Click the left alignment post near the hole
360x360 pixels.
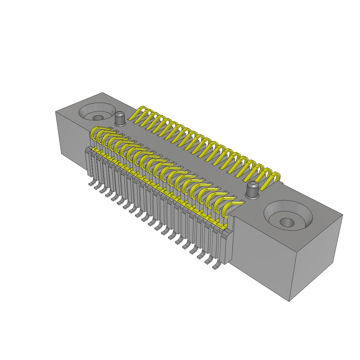[120, 119]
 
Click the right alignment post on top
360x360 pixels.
[252, 190]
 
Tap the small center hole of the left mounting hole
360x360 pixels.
[98, 117]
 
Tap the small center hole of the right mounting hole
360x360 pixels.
[287, 223]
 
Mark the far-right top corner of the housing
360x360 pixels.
[342, 215]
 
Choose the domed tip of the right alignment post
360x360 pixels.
[252, 184]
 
